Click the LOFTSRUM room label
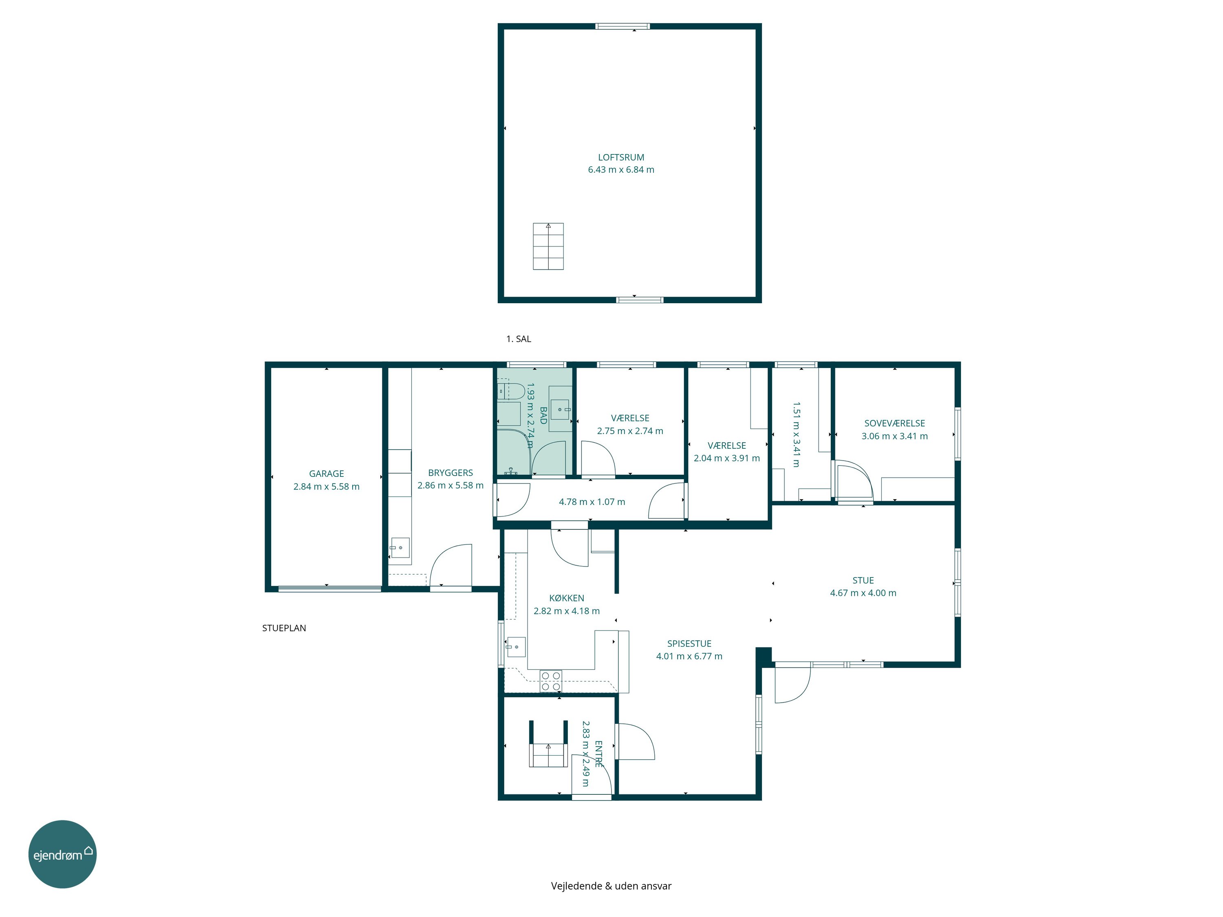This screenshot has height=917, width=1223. [621, 158]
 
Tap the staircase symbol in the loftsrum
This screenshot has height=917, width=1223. [548, 246]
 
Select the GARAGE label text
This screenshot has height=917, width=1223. [326, 474]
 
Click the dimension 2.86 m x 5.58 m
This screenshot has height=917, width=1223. [450, 485]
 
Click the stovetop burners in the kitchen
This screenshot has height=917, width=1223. [551, 681]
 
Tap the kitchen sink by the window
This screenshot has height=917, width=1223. [515, 646]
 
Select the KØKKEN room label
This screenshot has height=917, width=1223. [566, 598]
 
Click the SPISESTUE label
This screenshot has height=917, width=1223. [689, 644]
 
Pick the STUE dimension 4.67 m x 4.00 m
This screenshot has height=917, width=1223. [863, 593]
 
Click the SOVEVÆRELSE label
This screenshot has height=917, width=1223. [894, 423]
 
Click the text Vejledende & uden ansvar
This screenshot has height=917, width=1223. [611, 886]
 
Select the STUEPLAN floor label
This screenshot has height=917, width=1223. [284, 628]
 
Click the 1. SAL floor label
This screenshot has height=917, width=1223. [519, 339]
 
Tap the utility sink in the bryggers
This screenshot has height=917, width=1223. [400, 548]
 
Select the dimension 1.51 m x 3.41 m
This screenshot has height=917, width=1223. [796, 434]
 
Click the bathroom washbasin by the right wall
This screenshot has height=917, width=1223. [561, 410]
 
